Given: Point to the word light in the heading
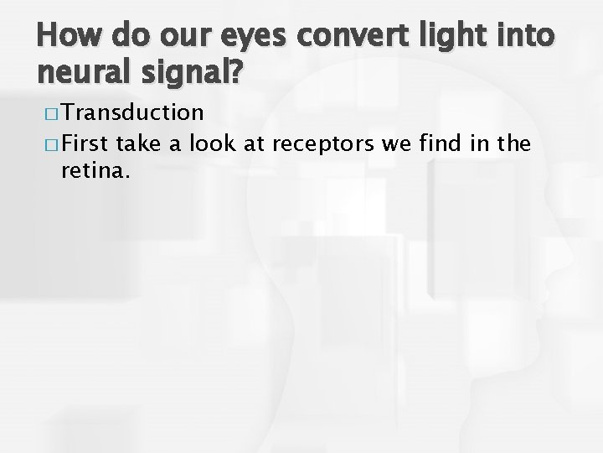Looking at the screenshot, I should click(x=445, y=37).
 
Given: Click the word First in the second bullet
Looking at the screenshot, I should click(x=87, y=143).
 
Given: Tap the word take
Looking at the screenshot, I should click(x=143, y=143).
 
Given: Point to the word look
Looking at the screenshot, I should click(x=214, y=143).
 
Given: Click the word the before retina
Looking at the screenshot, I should click(x=513, y=143).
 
